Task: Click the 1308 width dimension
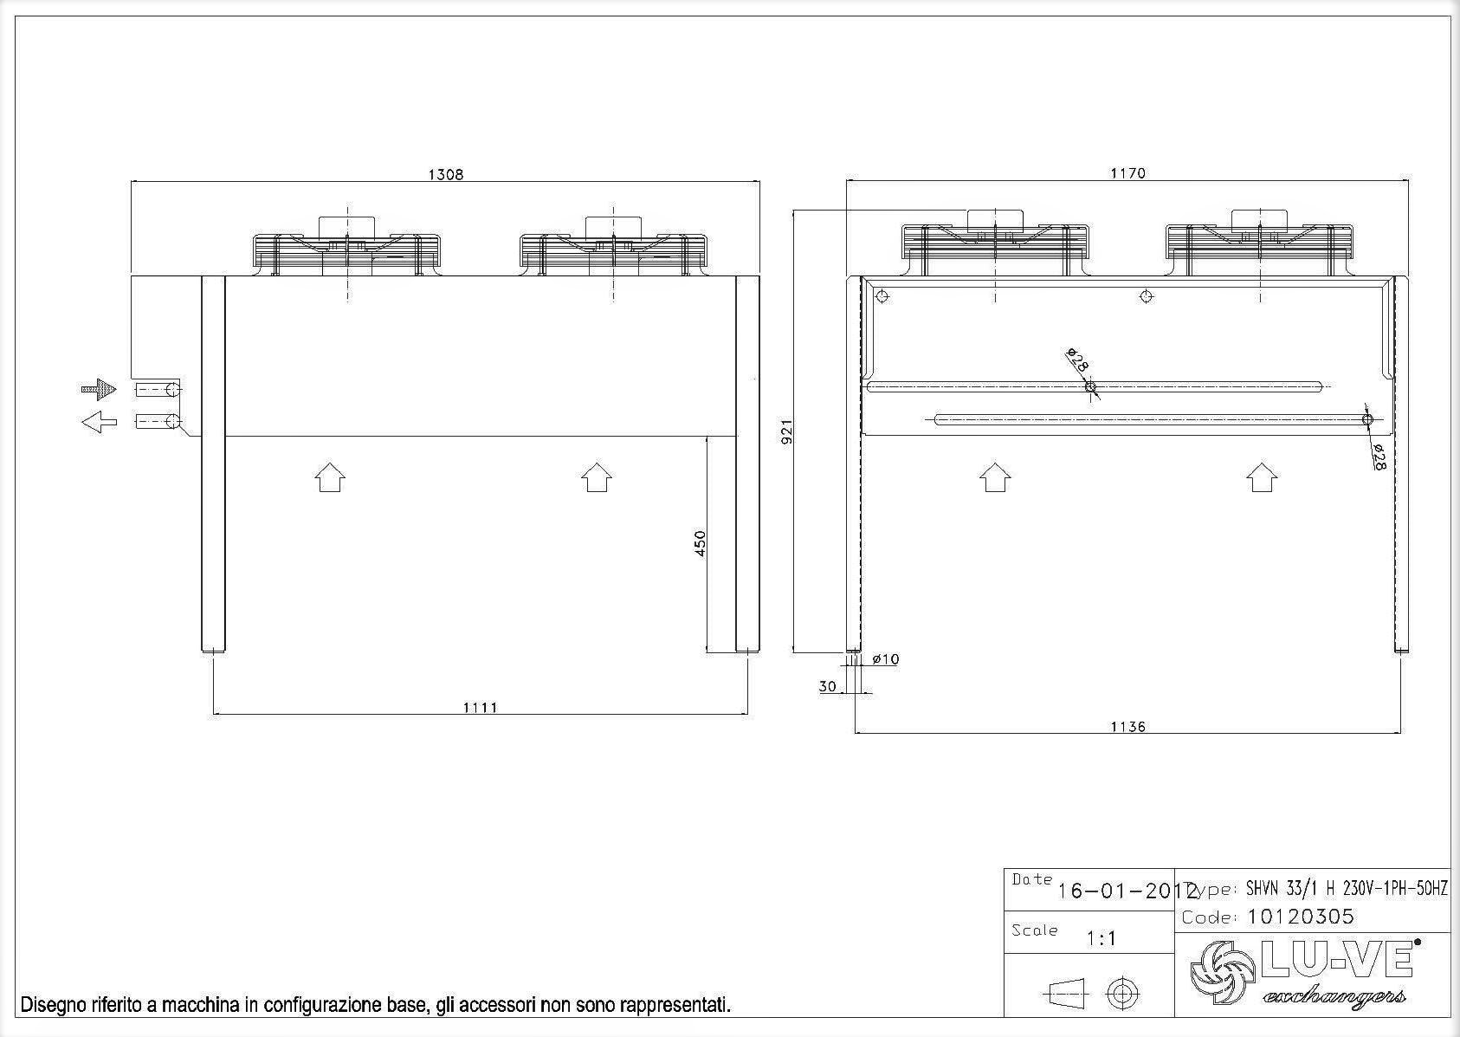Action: pyautogui.click(x=446, y=174)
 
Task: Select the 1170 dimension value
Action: pyautogui.click(x=1127, y=173)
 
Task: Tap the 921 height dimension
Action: pyautogui.click(x=787, y=432)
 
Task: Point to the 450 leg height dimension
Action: pyautogui.click(x=701, y=543)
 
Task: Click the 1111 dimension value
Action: pyautogui.click(x=480, y=707)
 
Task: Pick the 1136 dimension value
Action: pyautogui.click(x=1127, y=726)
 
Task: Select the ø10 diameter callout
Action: pyautogui.click(x=886, y=659)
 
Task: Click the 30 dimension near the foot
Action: pyautogui.click(x=828, y=686)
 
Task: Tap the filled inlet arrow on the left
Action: pyautogui.click(x=100, y=389)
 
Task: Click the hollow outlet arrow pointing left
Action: pyautogui.click(x=100, y=423)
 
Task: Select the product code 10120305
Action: pyautogui.click(x=1301, y=917)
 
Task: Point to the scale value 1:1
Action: pyautogui.click(x=1101, y=938)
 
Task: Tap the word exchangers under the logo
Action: pyautogui.click(x=1334, y=996)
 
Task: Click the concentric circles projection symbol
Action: pyautogui.click(x=1123, y=993)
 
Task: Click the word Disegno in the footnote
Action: pyautogui.click(x=52, y=1005)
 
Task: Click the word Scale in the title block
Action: pyautogui.click(x=1034, y=930)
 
